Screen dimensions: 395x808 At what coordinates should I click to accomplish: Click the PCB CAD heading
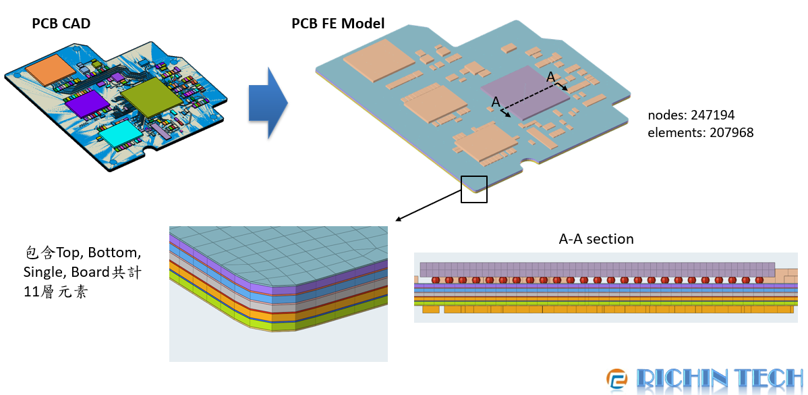(x=61, y=24)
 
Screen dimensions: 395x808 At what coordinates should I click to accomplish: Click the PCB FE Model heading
(x=338, y=24)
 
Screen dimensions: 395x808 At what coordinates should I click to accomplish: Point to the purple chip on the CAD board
(x=87, y=104)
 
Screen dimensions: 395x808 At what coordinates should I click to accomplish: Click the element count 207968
(x=731, y=132)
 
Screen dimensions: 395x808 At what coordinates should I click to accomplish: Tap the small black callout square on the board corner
(x=473, y=189)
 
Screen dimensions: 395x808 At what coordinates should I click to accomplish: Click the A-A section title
(x=596, y=239)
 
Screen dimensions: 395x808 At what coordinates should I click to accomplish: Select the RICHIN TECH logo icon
(x=616, y=380)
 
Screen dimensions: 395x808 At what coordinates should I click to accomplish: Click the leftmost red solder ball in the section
(x=436, y=280)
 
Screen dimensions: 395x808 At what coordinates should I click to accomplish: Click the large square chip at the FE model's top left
(x=380, y=59)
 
